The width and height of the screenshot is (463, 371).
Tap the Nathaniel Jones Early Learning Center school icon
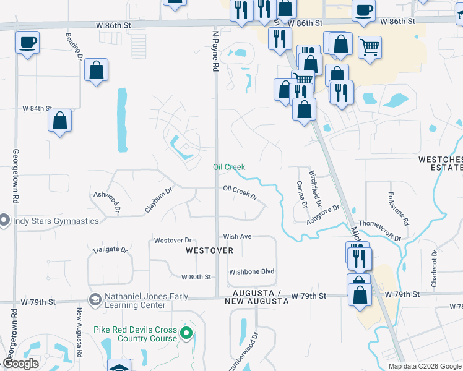click(95, 300)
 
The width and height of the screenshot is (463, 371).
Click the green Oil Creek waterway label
click(229, 167)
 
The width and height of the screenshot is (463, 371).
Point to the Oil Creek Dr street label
click(240, 192)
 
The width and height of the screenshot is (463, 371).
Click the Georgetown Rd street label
click(15, 176)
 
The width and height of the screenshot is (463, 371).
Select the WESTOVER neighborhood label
click(209, 250)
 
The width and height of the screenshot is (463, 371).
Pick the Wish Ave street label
click(238, 236)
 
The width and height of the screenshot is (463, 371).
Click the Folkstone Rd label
click(399, 208)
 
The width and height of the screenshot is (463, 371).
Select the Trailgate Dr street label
click(110, 250)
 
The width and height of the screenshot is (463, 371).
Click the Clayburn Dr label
click(158, 199)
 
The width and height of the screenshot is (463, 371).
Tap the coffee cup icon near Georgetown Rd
click(27, 43)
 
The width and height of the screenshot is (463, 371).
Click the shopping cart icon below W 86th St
click(370, 46)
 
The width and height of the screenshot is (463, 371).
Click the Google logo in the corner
click(21, 364)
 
